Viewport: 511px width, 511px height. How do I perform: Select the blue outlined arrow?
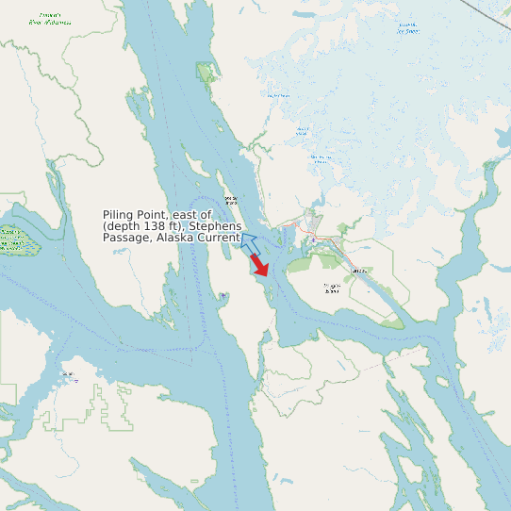pos(249,244)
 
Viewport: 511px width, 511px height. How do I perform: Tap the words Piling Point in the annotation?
pos(131,216)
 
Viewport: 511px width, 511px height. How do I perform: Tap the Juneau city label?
pos(357,272)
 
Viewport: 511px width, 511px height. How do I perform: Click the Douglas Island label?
pos(331,287)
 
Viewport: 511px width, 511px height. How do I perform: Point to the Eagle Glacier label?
pos(277,95)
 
